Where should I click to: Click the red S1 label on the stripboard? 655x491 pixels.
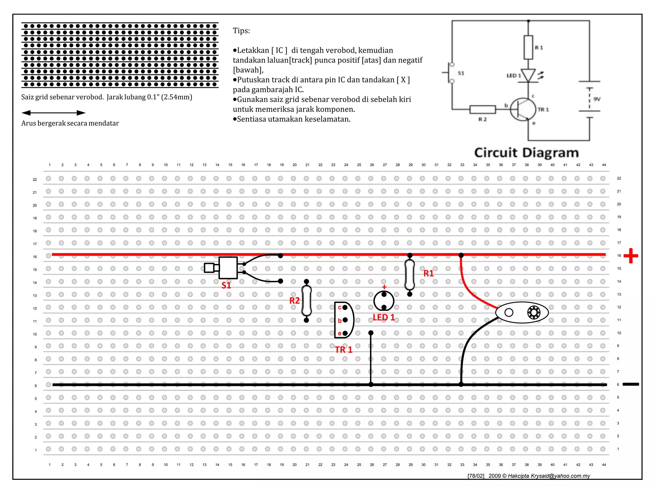226,285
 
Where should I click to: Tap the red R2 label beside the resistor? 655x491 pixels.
294,300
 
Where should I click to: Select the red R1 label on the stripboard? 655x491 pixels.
429,273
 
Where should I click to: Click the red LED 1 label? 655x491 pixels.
384,317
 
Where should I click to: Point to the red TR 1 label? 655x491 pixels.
343,350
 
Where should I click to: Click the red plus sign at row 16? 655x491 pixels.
631,256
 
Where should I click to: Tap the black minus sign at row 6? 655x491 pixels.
631,384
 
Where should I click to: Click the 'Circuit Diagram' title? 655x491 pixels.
526,153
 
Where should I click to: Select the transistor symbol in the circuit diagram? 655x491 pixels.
523,109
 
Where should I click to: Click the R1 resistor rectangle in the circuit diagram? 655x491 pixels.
528,47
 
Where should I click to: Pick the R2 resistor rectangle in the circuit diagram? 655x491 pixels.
483,110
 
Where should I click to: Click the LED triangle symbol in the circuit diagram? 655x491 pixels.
528,75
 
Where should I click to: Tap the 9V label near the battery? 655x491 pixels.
597,99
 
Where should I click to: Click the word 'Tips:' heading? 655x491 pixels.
241,31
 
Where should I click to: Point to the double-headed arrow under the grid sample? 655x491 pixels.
53,113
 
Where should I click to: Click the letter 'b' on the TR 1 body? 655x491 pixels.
340,321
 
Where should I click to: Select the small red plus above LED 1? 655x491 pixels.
384,287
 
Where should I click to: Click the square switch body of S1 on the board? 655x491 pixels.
228,268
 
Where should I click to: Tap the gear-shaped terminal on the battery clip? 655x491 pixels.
533,312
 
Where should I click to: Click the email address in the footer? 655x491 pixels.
565,476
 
